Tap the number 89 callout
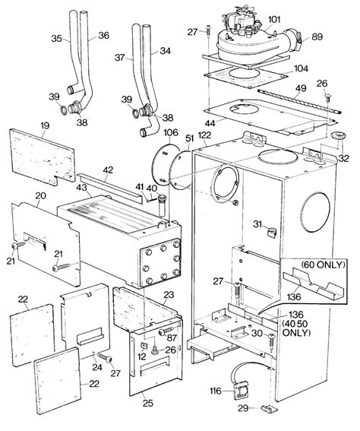click(317, 36)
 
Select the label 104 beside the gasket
click(302, 68)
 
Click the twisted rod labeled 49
click(299, 101)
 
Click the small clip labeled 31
click(272, 233)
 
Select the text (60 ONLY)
click(323, 265)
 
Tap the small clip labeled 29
click(269, 409)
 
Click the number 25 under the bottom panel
click(148, 403)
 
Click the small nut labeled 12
click(144, 346)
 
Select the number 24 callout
click(97, 367)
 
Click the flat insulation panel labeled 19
click(42, 157)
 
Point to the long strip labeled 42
click(110, 189)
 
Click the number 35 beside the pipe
click(56, 39)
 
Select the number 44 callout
click(210, 123)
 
